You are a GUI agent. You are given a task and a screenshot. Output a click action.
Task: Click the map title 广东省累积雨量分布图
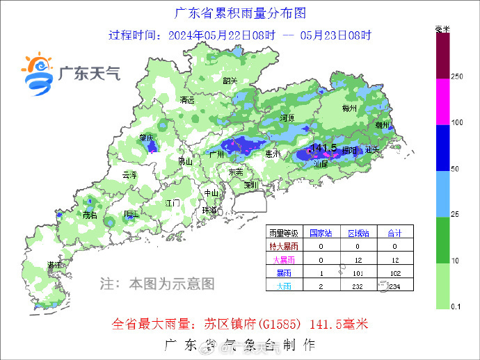pyautogui.click(x=239, y=13)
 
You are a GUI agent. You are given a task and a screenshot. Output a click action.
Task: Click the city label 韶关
pyautogui.click(x=230, y=81)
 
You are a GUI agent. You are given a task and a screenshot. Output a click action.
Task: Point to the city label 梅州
pyautogui.click(x=350, y=109)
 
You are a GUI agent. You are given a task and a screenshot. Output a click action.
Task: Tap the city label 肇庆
pyautogui.click(x=146, y=138)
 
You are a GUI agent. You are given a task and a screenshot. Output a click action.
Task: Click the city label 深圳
pyautogui.click(x=251, y=186)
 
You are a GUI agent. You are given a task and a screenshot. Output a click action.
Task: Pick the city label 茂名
pyautogui.click(x=90, y=215)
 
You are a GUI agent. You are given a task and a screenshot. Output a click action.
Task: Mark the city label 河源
pyautogui.click(x=288, y=117)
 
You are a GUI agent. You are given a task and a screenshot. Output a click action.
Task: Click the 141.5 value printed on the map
pyautogui.click(x=324, y=147)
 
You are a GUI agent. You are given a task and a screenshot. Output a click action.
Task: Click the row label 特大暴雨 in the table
pyautogui.click(x=284, y=246)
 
